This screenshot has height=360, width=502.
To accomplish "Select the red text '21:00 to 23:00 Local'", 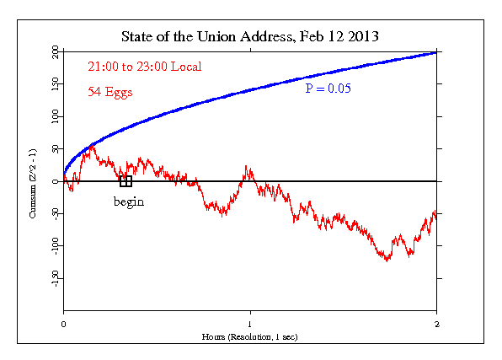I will [144, 67].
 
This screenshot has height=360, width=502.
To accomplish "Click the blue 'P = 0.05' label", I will [327, 88].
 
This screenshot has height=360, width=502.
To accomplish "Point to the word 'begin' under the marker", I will [129, 201].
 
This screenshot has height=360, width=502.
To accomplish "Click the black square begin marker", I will [125, 180].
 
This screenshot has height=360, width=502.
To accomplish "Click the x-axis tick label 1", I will [250, 325].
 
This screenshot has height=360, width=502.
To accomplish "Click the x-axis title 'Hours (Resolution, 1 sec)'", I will [250, 336].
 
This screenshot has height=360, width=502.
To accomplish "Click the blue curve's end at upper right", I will [435, 52].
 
